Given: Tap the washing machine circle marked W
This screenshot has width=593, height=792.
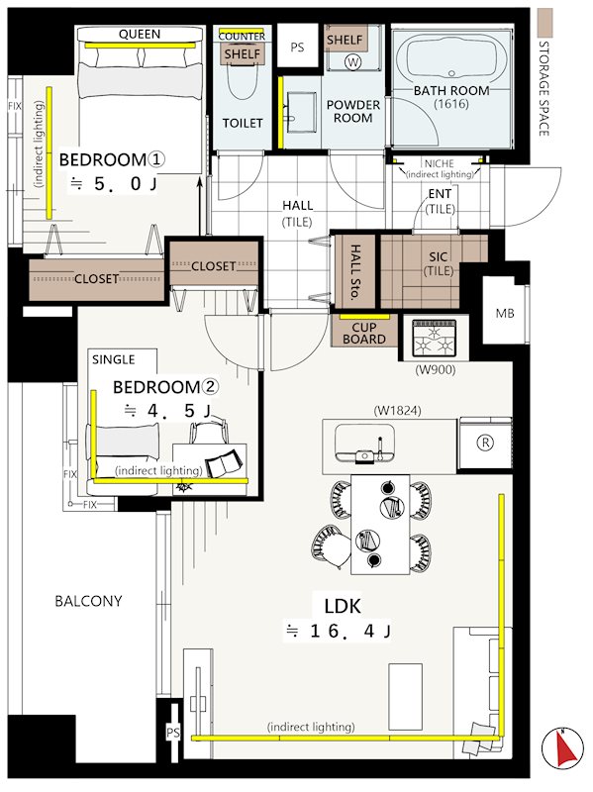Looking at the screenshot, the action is tap(353, 62).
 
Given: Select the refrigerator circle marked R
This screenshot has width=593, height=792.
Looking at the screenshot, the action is tap(485, 443).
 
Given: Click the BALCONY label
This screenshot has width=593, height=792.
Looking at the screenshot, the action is tap(88, 601).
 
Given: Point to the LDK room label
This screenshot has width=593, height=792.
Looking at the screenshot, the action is tap(343, 606).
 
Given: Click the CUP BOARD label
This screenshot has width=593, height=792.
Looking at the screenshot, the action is tap(364, 334).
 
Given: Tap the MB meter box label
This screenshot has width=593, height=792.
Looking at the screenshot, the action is tap(505, 314).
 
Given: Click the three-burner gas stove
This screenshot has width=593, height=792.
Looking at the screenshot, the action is tap(434, 338).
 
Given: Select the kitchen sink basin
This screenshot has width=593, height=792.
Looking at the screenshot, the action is tap(364, 443).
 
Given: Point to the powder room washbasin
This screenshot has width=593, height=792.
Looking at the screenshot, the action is tap(301, 112).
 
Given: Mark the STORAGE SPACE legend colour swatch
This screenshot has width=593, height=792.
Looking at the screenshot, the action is tap(545, 22).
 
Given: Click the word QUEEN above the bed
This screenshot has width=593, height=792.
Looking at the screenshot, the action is tap(140, 35).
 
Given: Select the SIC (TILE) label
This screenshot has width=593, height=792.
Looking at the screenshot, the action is tap(438, 263).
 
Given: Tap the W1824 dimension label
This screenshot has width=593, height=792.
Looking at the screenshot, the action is tap(398, 411).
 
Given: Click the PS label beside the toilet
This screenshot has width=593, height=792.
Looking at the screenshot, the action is tap(298, 48).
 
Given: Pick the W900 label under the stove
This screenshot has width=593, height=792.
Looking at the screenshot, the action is tap(435, 369).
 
